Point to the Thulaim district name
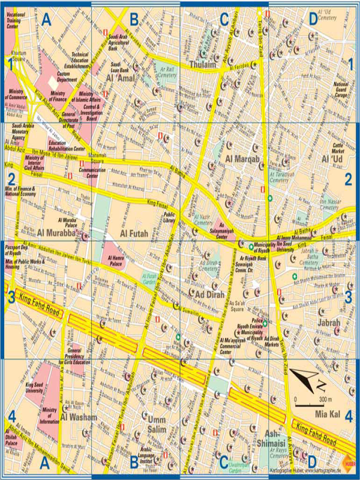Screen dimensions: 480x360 (x=201, y=64)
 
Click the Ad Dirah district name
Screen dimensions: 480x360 (x=212, y=294)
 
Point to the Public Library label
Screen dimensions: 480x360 (x=169, y=218)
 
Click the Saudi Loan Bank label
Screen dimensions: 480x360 (x=123, y=67)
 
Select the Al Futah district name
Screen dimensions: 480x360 (x=133, y=233)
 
